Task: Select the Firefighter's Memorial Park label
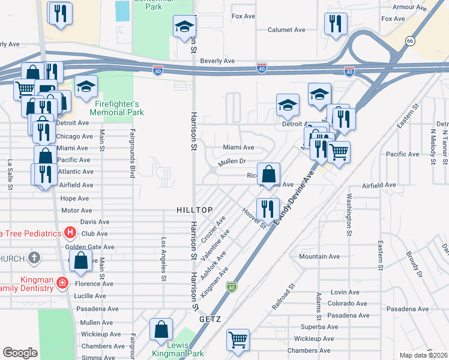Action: [116, 108]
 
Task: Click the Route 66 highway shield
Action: [410, 41]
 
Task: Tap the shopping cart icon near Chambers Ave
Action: [238, 340]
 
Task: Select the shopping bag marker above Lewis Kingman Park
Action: [161, 329]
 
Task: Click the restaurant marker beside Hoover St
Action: [267, 209]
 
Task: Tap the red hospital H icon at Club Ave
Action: [70, 233]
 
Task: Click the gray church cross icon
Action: [35, 259]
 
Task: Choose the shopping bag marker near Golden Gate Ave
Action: [80, 262]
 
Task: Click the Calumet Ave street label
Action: [287, 29]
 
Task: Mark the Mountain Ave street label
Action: [319, 257]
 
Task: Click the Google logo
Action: [20, 353]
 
